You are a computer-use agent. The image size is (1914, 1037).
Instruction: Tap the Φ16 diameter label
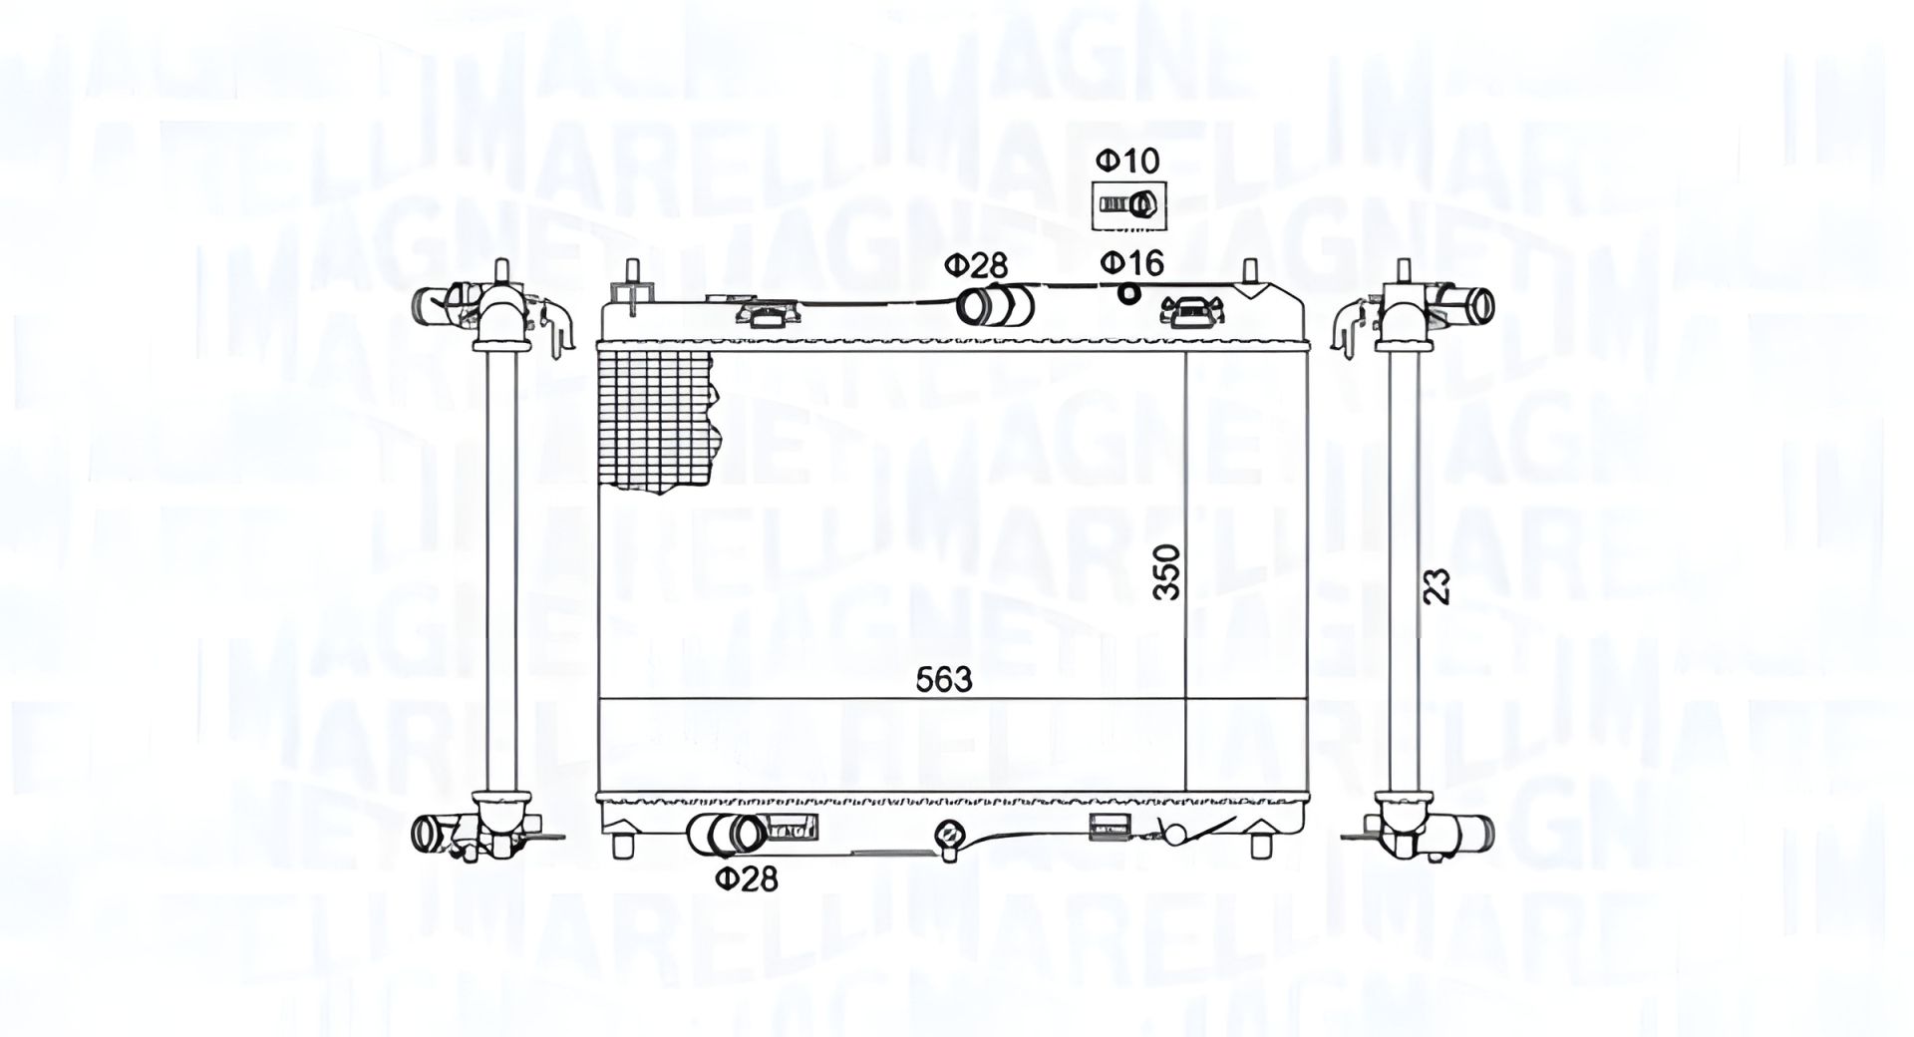click(x=1131, y=263)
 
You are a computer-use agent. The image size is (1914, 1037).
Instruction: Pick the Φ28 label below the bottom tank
click(x=746, y=879)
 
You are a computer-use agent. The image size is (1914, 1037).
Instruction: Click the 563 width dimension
click(x=944, y=680)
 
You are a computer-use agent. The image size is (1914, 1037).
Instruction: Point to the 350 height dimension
click(x=1166, y=571)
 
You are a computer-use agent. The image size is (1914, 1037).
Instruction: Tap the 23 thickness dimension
click(x=1435, y=586)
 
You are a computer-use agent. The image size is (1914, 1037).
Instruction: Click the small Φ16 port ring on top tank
click(x=1128, y=293)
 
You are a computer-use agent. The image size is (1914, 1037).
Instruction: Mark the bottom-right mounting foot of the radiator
click(x=1264, y=843)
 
